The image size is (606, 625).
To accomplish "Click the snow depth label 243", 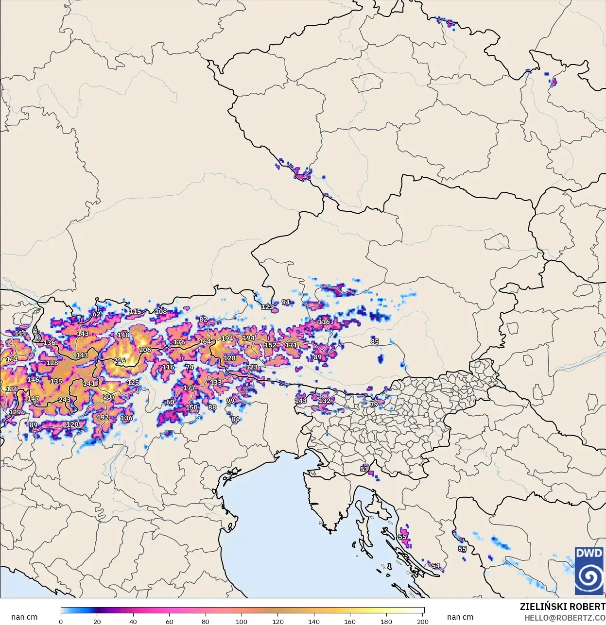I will [x=65, y=400].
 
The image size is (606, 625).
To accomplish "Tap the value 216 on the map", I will [x=120, y=360].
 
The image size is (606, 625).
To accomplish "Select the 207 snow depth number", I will [x=109, y=396].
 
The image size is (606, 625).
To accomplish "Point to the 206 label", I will [x=145, y=350].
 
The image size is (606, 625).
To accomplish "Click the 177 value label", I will [x=189, y=388].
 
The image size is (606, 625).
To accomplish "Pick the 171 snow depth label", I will [x=291, y=345].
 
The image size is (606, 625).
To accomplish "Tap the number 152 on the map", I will [x=270, y=345].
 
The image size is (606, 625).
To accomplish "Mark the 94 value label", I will [x=286, y=302].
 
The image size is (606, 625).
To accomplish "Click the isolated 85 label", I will [x=375, y=341].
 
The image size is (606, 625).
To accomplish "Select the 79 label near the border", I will [x=374, y=404].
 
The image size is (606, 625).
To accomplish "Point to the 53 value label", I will [x=364, y=469].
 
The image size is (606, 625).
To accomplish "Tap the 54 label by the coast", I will [x=436, y=566].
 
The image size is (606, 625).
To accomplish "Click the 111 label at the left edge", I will [x=20, y=333].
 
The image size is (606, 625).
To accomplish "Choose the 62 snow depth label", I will [x=97, y=314].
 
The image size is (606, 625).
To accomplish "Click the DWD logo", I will [x=589, y=571].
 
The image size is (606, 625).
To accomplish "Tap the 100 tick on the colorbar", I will [x=242, y=621].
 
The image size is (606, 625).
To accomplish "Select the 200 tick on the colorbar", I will [x=423, y=621].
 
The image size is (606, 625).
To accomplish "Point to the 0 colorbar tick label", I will [x=61, y=621].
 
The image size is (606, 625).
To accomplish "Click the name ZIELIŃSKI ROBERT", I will [x=562, y=607].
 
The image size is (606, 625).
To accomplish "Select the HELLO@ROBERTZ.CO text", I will [x=565, y=618].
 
